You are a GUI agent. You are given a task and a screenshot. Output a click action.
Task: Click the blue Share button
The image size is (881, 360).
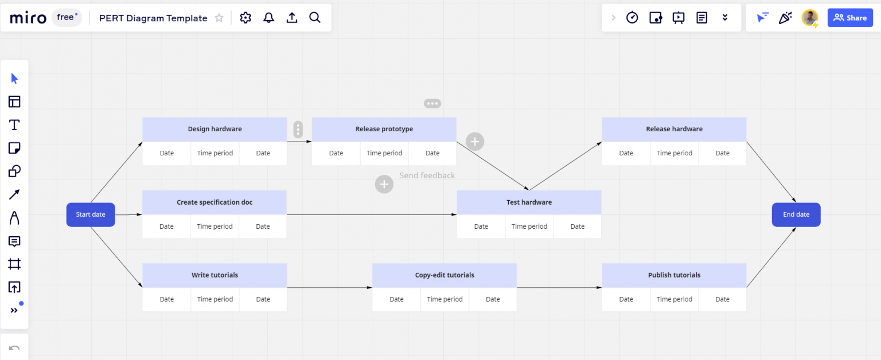(850, 18)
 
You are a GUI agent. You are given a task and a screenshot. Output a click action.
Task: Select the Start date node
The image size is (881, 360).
(91, 214)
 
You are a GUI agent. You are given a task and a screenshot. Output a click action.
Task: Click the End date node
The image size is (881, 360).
(796, 214)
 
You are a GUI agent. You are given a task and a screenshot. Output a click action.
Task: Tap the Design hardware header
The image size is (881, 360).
(215, 129)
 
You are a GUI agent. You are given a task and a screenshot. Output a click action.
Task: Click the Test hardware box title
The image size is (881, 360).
(529, 202)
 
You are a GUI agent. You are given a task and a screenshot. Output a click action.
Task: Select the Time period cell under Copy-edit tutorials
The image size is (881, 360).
(445, 299)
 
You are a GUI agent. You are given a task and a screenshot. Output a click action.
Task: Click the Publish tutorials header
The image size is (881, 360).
(674, 275)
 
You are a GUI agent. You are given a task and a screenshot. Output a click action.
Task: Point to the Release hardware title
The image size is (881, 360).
(674, 129)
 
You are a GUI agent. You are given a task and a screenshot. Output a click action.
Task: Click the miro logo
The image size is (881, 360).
(28, 18)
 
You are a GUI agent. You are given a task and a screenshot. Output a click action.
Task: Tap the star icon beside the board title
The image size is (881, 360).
(219, 18)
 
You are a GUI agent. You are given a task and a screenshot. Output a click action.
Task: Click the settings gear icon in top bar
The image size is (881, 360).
(245, 18)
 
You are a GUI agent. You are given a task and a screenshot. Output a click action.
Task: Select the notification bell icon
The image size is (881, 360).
(268, 18)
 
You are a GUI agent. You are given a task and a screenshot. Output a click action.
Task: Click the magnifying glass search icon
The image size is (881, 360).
(315, 18)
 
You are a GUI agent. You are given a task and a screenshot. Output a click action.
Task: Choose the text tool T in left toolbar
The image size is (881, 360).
(14, 125)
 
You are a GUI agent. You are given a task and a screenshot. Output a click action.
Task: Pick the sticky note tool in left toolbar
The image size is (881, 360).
(14, 148)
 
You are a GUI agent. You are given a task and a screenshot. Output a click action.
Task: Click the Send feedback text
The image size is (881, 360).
(427, 175)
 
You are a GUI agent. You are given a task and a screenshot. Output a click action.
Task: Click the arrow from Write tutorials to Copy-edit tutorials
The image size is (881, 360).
(330, 287)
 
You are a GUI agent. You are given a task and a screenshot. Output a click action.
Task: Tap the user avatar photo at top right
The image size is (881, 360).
(809, 18)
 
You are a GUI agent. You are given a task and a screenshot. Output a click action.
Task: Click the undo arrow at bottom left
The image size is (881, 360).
(14, 348)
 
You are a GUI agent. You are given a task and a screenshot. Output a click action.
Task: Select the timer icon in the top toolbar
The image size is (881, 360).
(632, 18)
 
